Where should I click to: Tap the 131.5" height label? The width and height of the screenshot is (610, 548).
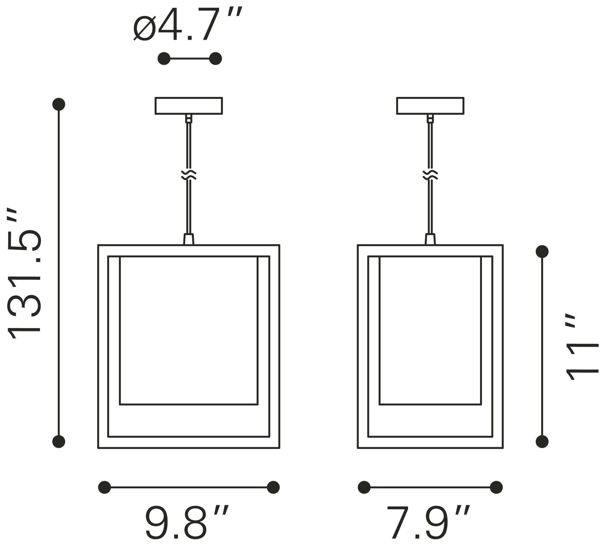click(x=24, y=273)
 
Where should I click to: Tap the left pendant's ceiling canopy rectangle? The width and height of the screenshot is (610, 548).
click(x=189, y=106)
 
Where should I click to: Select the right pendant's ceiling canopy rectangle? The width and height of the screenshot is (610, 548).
click(x=430, y=106)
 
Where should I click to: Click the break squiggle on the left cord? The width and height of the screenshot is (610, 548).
click(x=189, y=175)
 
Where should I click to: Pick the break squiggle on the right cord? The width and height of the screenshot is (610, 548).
click(x=430, y=175)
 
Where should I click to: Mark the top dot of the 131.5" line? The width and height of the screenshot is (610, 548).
click(x=59, y=104)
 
